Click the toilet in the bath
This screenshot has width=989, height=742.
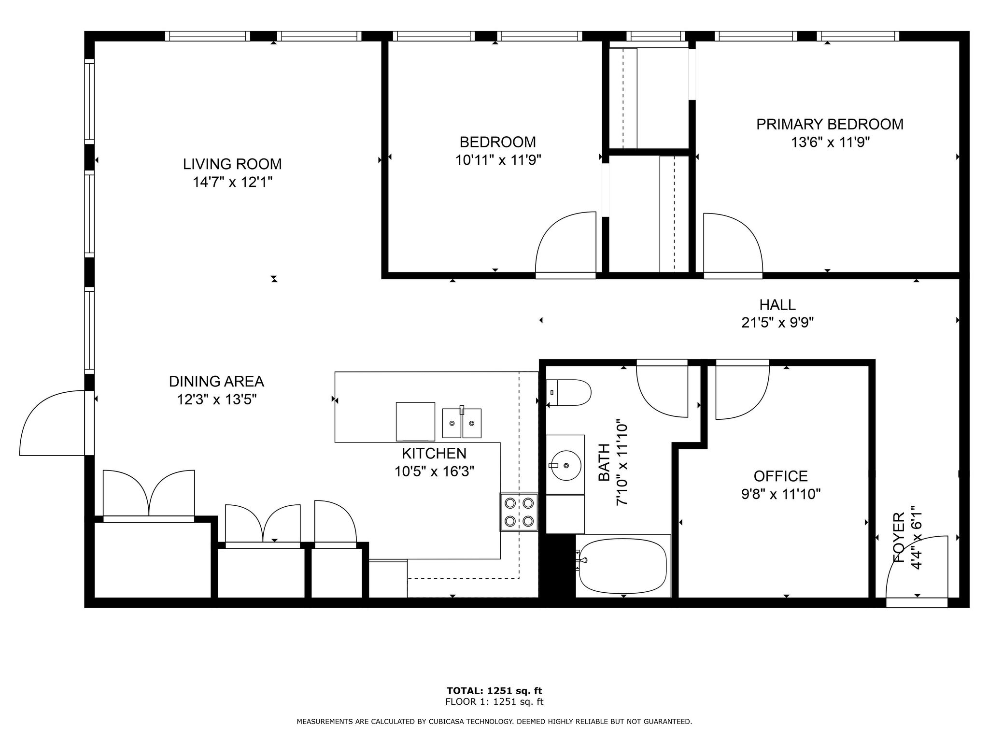[569, 393]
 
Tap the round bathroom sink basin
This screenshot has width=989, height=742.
[565, 465]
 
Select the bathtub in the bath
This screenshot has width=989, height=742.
[623, 566]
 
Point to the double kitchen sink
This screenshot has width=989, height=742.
[462, 423]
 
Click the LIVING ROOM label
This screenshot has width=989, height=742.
[232, 164]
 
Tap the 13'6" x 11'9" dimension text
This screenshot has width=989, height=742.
[830, 143]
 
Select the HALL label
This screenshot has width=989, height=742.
[777, 305]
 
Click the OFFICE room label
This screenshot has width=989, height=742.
[781, 476]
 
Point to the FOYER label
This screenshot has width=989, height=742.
[899, 538]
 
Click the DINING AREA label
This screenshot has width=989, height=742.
[216, 382]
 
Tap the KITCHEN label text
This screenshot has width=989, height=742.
[434, 453]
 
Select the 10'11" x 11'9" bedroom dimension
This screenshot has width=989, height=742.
[498, 160]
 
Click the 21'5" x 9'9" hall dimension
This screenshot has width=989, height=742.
[777, 323]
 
